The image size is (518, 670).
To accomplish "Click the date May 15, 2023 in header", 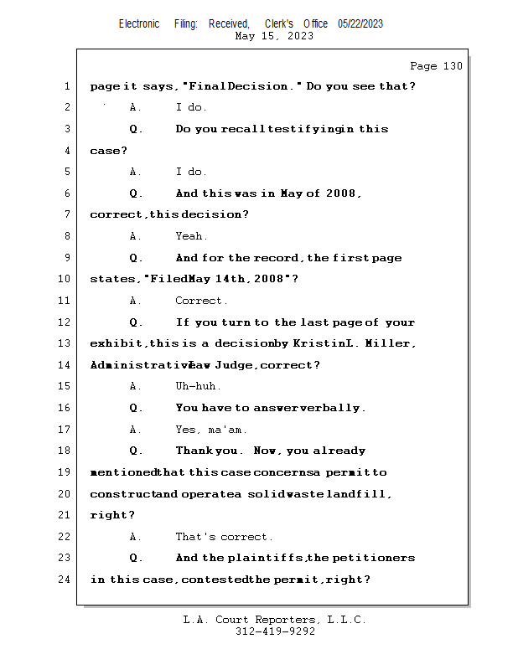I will (275, 36).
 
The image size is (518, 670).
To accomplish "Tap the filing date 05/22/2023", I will (360, 23).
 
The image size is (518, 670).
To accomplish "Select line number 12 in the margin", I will (66, 322).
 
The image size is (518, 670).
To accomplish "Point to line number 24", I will (66, 580).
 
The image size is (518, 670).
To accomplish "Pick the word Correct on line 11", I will (200, 301).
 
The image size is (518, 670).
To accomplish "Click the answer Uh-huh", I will (198, 386).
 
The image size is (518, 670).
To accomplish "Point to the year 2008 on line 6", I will (342, 193).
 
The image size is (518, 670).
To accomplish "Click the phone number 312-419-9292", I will (275, 631).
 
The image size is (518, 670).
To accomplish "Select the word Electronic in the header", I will (139, 23).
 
